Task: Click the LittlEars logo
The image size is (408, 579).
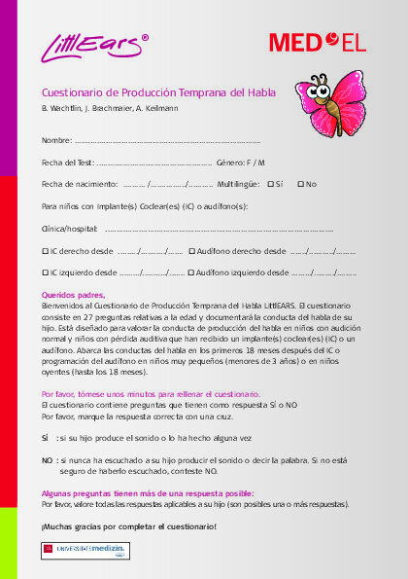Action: click(93, 45)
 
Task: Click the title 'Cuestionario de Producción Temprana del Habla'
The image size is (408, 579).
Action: click(158, 91)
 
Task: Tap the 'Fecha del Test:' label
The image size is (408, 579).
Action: click(68, 162)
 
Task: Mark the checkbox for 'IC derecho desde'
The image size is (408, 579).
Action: click(46, 251)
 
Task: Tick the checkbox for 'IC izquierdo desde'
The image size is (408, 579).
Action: click(46, 273)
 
